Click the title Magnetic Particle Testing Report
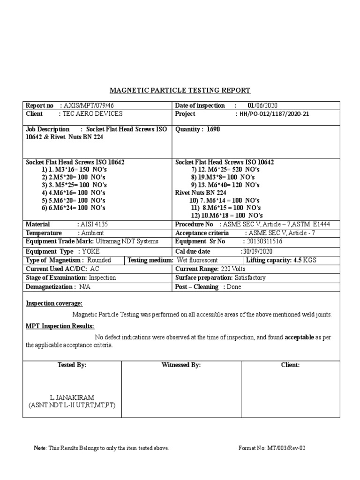click(x=180, y=90)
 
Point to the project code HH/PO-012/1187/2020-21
click(x=274, y=114)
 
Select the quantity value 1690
click(x=213, y=130)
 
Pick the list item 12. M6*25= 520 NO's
click(x=225, y=169)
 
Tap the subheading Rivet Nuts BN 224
click(x=201, y=193)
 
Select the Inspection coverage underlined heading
click(x=54, y=304)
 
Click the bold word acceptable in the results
click(x=300, y=337)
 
